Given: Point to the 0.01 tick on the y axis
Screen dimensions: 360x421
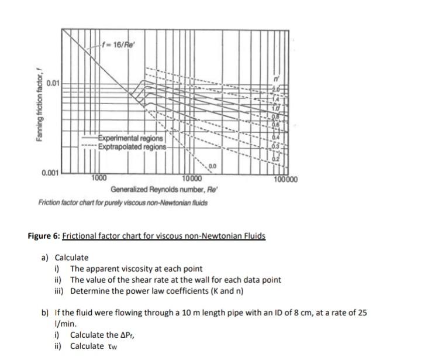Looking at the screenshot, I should pyautogui.click(x=54, y=83).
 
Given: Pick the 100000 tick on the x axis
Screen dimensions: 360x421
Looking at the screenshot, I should pyautogui.click(x=285, y=180).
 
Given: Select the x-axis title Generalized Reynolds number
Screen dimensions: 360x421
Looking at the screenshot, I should pyautogui.click(x=156, y=190).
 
